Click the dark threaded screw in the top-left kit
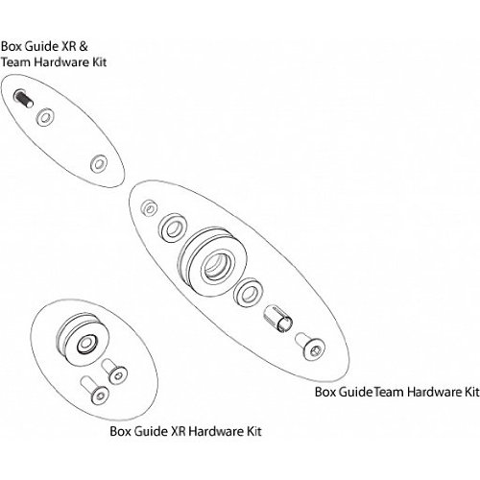(23, 98)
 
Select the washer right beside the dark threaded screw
(45, 117)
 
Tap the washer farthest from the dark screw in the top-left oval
(98, 164)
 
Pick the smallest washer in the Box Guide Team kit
(149, 208)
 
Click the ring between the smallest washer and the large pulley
(173, 228)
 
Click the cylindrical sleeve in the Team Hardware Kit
(278, 319)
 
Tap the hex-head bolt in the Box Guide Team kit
(310, 347)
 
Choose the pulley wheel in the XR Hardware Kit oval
(83, 341)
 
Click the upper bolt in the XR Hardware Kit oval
(114, 372)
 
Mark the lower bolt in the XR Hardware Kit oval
(95, 389)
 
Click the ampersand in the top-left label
(83, 46)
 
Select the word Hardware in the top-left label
(61, 62)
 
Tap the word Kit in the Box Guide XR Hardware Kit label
(253, 431)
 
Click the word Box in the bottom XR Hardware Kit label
(120, 431)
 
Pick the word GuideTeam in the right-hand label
(372, 392)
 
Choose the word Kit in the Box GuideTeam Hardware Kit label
(472, 392)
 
